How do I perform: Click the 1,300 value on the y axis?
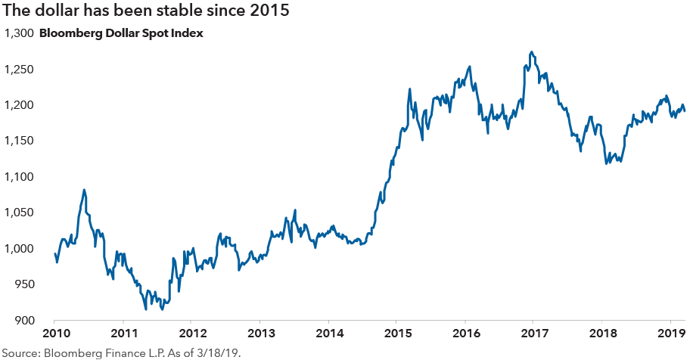pyautogui.click(x=19, y=33)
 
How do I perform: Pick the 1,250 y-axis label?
pyautogui.click(x=19, y=70)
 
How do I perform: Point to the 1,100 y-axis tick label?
pyautogui.click(x=19, y=177)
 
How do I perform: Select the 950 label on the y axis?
pyautogui.click(x=23, y=285)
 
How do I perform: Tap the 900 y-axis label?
pyautogui.click(x=23, y=321)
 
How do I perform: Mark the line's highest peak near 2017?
pyautogui.click(x=533, y=52)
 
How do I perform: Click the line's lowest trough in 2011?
pyautogui.click(x=145, y=309)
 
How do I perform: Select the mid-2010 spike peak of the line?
pyautogui.click(x=84, y=190)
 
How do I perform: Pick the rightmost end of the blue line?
pyautogui.click(x=685, y=112)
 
